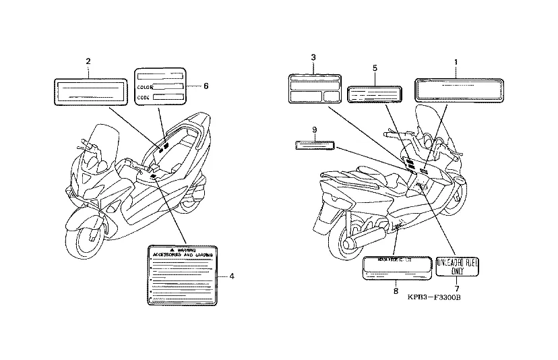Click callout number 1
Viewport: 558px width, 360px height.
click(456, 62)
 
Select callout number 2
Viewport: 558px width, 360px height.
click(88, 62)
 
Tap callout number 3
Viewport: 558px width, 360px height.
click(313, 57)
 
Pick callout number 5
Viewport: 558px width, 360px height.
click(374, 68)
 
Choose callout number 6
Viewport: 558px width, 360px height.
click(206, 86)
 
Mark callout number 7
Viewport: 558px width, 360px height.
click(456, 289)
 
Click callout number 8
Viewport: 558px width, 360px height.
click(396, 291)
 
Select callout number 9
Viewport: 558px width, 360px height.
click(314, 129)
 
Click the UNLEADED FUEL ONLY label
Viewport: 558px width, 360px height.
click(457, 266)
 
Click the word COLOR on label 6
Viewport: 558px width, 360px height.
click(145, 87)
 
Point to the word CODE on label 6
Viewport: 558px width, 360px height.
click(144, 98)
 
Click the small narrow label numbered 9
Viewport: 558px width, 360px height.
click(315, 144)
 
